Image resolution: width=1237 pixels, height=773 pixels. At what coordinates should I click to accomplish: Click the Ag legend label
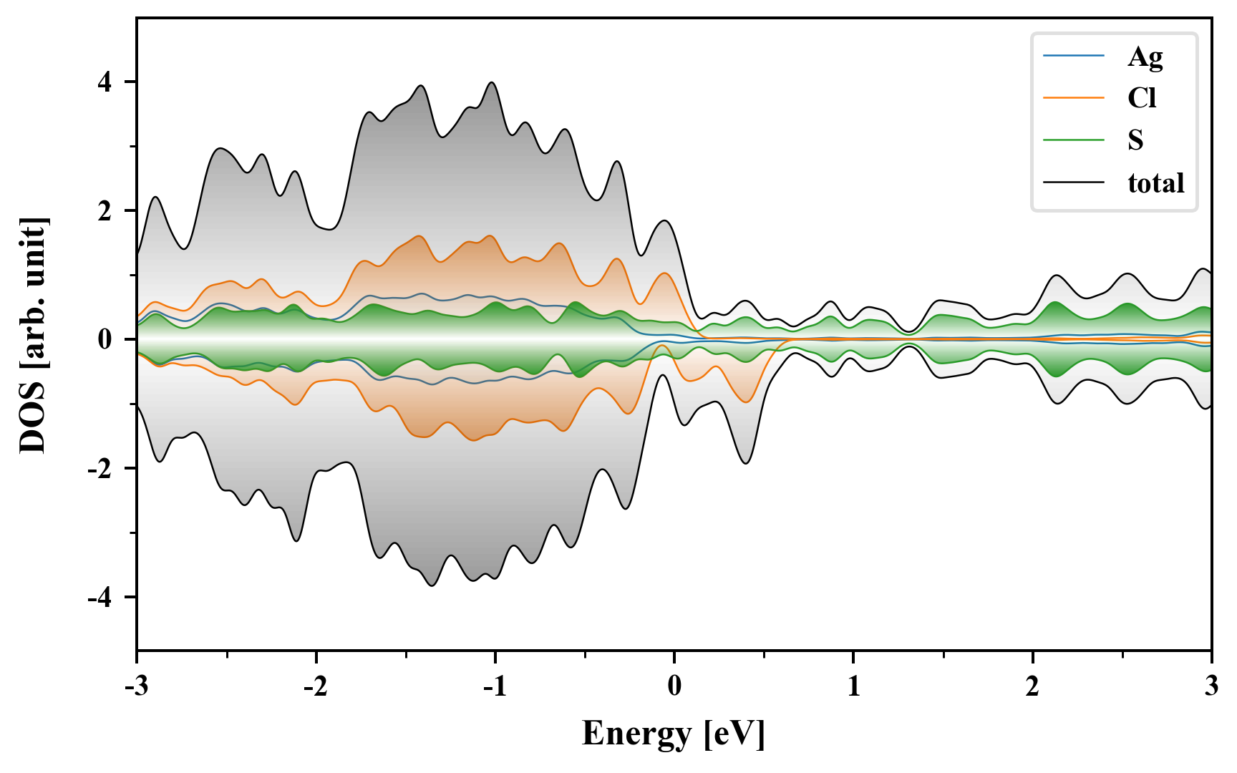tap(1145, 57)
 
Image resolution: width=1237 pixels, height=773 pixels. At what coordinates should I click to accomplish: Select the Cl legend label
tap(1142, 98)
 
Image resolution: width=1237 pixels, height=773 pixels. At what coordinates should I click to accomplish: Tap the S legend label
tap(1135, 140)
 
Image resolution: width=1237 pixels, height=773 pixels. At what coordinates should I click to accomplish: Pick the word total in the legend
tap(1156, 183)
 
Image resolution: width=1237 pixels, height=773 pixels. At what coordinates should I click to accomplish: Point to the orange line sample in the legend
tap(1073, 98)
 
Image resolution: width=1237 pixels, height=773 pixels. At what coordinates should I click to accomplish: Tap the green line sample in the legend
tap(1073, 140)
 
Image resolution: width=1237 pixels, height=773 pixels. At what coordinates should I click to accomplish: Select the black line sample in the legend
tap(1073, 183)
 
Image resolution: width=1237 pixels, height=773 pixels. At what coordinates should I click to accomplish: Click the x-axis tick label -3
tap(137, 687)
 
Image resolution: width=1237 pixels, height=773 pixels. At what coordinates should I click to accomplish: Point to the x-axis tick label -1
tap(495, 687)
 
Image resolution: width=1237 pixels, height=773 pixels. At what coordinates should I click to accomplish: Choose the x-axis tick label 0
tap(674, 687)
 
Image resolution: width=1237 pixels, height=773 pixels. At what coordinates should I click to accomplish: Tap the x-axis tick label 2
tap(1032, 687)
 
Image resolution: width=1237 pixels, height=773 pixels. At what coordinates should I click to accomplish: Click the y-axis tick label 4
tap(105, 82)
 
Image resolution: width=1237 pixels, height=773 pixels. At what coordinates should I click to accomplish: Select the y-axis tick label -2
tap(101, 469)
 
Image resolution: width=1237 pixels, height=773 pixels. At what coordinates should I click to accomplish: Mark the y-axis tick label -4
tap(101, 598)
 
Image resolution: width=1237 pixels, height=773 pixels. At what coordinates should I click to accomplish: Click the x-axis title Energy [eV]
tap(674, 734)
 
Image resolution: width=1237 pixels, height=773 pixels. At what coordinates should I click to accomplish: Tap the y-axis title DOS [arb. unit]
tap(33, 335)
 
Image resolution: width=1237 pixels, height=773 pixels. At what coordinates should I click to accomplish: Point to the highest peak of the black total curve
tap(492, 82)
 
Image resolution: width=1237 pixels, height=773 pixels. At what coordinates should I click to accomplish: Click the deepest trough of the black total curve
tap(432, 585)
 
